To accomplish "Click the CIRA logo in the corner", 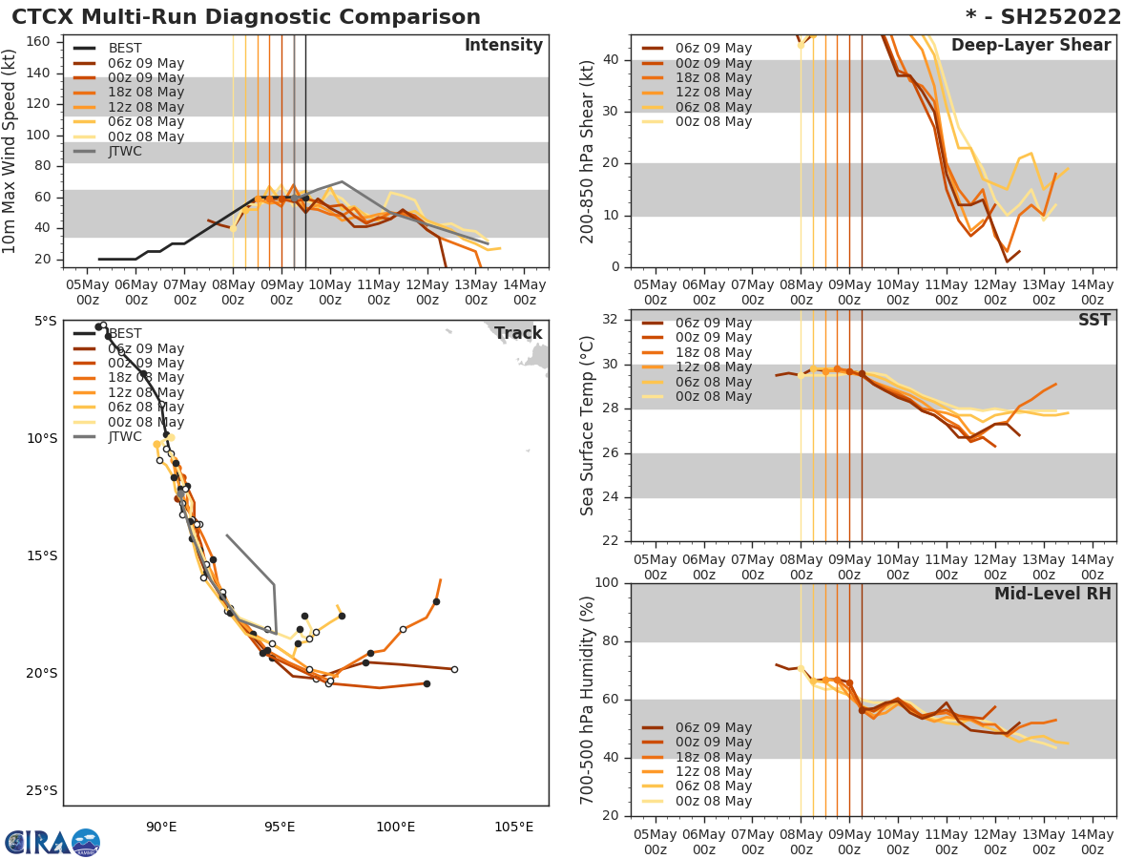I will [52, 842].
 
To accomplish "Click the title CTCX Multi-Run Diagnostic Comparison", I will [246, 17].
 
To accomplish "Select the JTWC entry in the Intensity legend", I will [125, 152].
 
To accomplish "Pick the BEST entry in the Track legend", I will [125, 334].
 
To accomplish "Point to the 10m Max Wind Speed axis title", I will [10, 151].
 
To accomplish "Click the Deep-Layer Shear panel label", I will [1030, 46].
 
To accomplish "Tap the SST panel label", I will [1093, 321].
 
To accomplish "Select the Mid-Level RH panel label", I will [1051, 595].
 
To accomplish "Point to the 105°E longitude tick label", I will [513, 827].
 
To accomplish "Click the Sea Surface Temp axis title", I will [589, 426].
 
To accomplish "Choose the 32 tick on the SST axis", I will [613, 320].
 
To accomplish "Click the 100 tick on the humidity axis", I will [607, 583].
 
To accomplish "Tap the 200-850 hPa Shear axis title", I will [589, 151].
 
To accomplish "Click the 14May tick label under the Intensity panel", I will [524, 292].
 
